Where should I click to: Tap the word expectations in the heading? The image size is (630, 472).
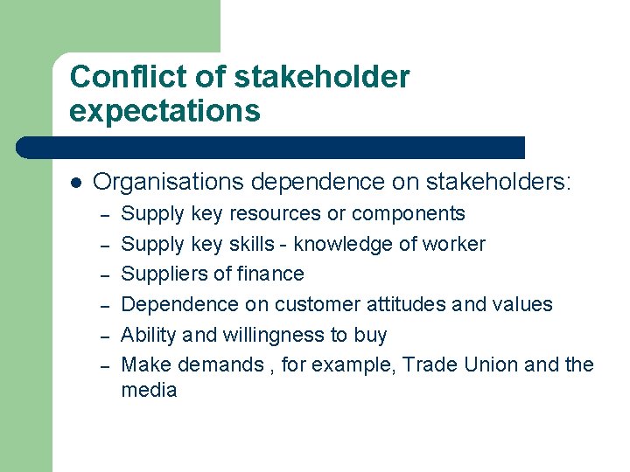pos(164,111)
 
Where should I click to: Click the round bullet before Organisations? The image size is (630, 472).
pos(76,183)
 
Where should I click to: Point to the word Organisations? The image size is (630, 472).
pos(168,182)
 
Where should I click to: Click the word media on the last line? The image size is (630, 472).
pos(149,390)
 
